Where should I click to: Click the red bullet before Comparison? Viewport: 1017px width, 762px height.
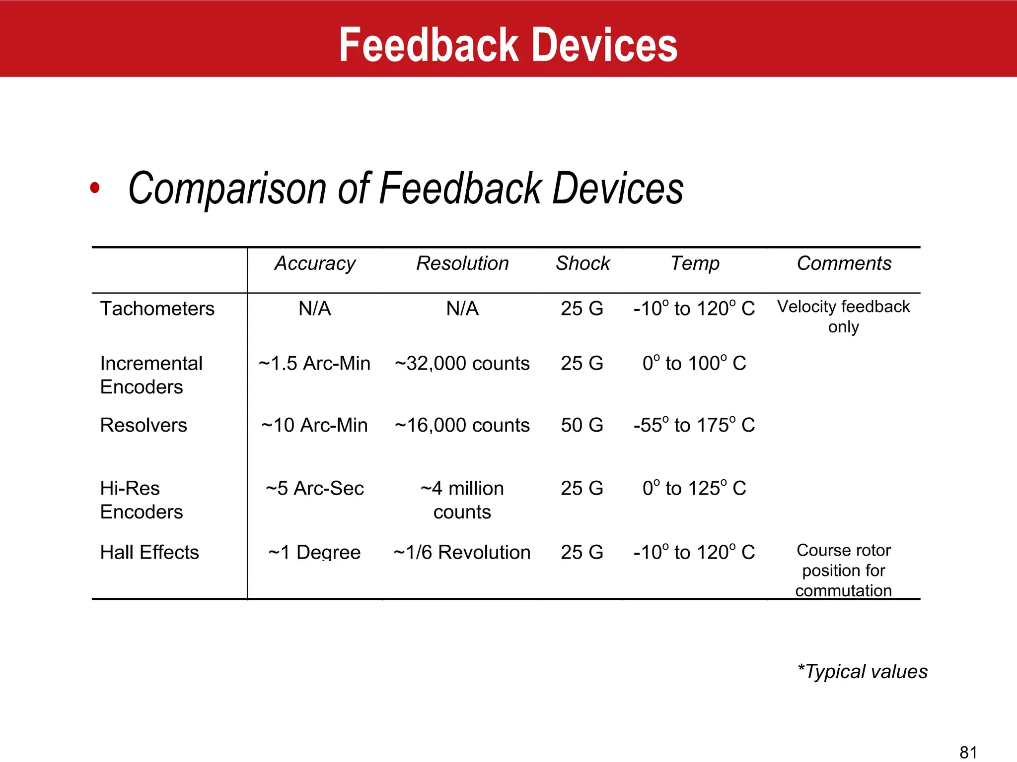pos(95,189)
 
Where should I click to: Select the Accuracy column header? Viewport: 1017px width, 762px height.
pos(315,263)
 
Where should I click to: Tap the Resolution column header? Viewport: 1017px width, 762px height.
pos(462,263)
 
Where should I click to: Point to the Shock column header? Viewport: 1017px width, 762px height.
pos(582,263)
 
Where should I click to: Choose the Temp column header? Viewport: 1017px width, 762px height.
pos(695,263)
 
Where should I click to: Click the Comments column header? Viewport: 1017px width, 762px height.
pos(844,263)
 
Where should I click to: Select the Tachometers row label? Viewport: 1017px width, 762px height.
pos(157,309)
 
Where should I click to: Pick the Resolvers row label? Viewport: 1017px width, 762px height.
pos(144,425)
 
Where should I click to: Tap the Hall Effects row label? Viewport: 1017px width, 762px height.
pos(149,552)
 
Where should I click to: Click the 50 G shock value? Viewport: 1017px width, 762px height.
pos(582,425)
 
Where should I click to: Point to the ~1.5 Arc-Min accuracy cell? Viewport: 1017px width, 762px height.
pos(314,364)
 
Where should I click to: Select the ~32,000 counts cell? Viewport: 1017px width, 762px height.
pos(462,364)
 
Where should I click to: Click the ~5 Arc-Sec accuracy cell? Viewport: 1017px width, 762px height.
pos(314,489)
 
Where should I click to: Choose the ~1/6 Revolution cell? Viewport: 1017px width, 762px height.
pos(462,552)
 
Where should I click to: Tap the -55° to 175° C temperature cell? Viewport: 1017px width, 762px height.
pos(694,425)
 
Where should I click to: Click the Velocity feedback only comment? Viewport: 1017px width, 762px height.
pos(843,317)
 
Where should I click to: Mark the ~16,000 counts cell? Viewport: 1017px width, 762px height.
pos(462,425)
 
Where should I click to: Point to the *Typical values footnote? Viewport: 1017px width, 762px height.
pos(862,672)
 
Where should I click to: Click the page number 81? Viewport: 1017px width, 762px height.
pos(968,752)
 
